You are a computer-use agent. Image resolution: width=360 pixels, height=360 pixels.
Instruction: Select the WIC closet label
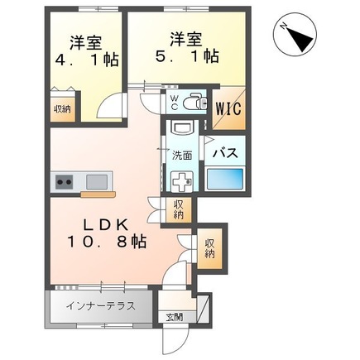point(228,108)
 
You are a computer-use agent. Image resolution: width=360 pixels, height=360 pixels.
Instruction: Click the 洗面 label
point(182,154)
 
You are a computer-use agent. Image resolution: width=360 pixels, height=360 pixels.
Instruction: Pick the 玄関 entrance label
point(175,317)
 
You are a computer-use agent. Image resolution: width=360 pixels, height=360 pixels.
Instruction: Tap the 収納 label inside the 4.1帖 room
point(62,108)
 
